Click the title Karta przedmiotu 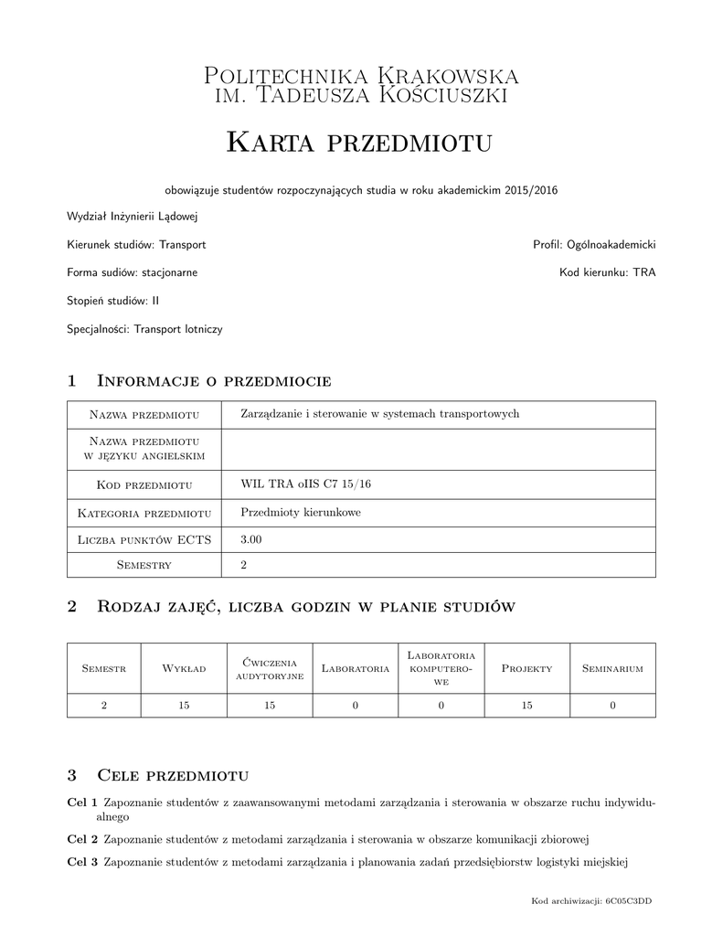point(359,142)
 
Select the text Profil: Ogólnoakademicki point(594,245)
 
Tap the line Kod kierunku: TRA point(607,272)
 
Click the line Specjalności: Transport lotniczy point(144,328)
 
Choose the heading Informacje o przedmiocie point(213,380)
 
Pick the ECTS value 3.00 point(250,540)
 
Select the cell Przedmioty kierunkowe point(300,513)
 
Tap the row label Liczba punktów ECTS point(144,540)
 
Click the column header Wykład point(184,669)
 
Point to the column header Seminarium point(612,669)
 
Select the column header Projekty point(526,669)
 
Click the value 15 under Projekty point(526,705)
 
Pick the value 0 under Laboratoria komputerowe point(441,705)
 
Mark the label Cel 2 point(82,838)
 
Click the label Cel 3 point(82,862)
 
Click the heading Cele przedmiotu point(172,776)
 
